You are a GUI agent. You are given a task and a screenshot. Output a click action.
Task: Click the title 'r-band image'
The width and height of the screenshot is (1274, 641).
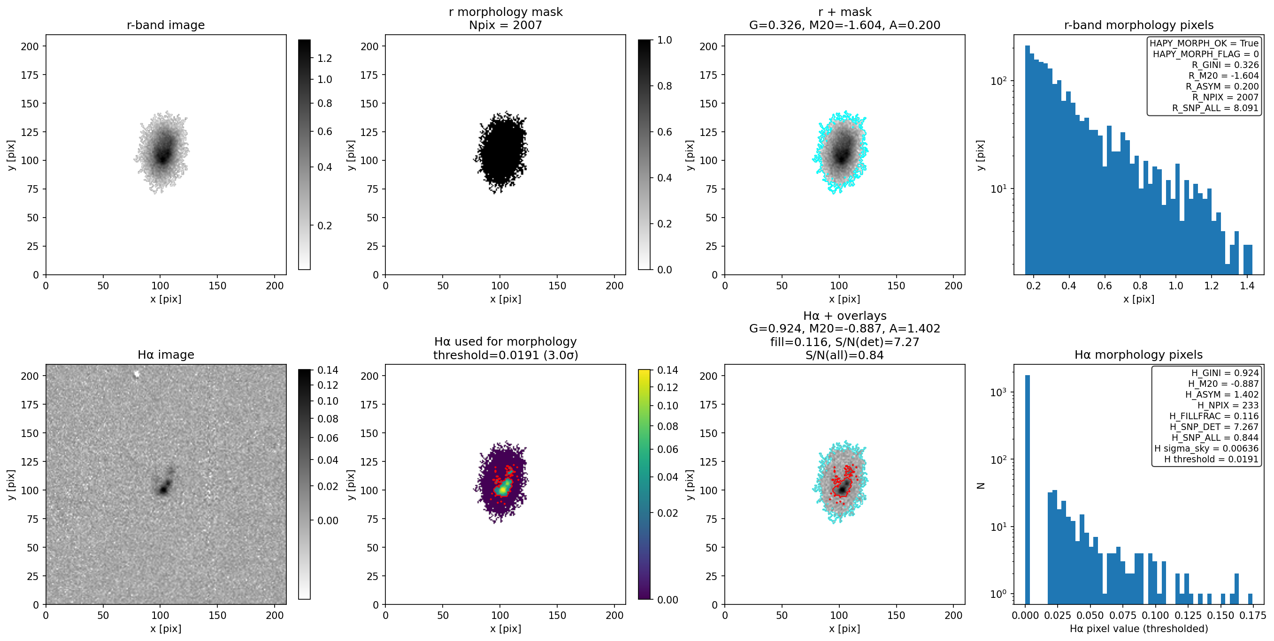tap(166, 25)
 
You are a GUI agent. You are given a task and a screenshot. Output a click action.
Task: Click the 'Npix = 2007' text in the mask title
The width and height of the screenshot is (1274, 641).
tap(506, 25)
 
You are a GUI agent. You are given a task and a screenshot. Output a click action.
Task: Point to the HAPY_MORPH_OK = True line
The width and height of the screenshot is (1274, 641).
tap(1204, 43)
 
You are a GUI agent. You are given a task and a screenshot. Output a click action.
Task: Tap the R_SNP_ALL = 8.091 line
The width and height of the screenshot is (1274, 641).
tap(1215, 108)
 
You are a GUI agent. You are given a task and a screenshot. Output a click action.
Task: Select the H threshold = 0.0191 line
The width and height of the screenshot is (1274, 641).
tap(1211, 459)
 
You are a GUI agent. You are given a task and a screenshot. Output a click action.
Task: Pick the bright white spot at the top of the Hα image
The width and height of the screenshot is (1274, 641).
tap(137, 374)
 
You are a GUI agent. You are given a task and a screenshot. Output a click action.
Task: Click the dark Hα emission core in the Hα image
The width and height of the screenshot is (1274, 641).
tap(163, 490)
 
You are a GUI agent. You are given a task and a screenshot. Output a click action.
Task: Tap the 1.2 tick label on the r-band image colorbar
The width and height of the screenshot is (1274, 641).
tap(324, 58)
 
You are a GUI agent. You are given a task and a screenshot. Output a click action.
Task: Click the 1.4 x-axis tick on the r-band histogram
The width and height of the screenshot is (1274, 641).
tap(1247, 286)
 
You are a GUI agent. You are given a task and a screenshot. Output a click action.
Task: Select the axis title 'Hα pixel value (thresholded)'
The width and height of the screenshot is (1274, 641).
tap(1138, 629)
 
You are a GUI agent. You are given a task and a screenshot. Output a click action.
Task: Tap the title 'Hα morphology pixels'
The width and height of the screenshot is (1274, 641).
tap(1138, 355)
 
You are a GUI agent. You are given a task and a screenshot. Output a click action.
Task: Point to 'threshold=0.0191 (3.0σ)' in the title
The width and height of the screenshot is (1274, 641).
tap(506, 355)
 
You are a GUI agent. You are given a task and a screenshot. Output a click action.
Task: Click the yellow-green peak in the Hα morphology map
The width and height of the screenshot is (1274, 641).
tap(503, 488)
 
